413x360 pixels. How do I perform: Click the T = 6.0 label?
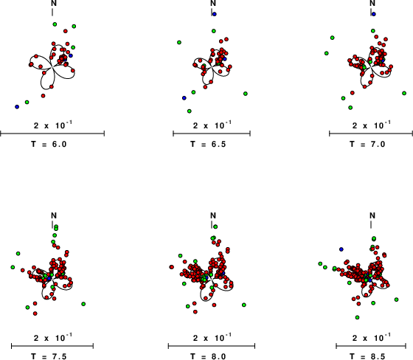point(49,144)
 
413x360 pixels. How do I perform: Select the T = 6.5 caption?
point(208,144)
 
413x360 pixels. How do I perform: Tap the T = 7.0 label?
point(368,144)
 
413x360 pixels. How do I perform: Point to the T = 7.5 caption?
point(49,356)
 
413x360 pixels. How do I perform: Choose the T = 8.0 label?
point(208,356)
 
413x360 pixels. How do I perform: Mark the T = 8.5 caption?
point(368,356)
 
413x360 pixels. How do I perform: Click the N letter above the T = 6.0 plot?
point(54,3)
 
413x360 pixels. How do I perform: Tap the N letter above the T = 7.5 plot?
point(54,215)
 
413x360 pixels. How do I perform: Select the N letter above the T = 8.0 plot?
point(213,215)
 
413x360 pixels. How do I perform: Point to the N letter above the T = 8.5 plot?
point(372,215)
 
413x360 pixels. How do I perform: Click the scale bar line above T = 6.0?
point(52,134)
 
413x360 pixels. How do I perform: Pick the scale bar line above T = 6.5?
point(212,134)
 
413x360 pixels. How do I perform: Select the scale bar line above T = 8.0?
point(212,346)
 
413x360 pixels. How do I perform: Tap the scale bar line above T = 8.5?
point(371,346)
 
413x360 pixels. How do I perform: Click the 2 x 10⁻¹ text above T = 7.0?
point(372,125)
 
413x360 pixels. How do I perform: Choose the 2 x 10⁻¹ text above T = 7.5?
point(53,337)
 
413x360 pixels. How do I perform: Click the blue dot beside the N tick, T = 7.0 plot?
point(373,14)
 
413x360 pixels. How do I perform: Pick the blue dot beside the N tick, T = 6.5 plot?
point(215,14)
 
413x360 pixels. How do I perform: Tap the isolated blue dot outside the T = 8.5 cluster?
point(341,249)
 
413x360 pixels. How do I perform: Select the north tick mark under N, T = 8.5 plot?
point(371,224)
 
